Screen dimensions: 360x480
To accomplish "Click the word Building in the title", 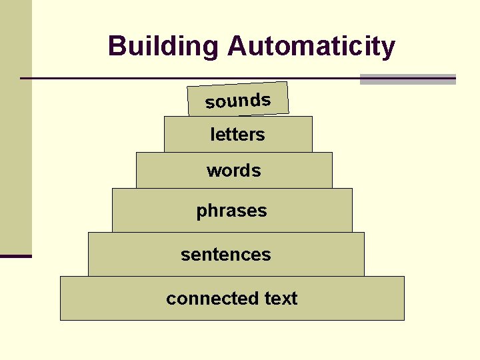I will pos(163,47).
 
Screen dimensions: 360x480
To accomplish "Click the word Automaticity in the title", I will pos(311,47).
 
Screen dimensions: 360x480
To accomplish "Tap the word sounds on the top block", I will pos(238,101).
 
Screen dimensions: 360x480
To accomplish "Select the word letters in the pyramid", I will pos(237,135).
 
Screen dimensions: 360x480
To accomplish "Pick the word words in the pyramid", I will pos(233,171).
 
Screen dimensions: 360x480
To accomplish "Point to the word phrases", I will pos(231,211).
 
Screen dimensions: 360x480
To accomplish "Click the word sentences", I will pos(226,255).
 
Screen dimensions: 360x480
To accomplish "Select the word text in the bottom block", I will pos(281,299).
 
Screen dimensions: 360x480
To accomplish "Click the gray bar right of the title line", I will pos(407,79).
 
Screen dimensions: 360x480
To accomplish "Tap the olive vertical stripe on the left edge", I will pos(15,127).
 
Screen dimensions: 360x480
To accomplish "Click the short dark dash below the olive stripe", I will pos(15,255).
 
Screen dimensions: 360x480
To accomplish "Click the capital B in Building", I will pos(117,47).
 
